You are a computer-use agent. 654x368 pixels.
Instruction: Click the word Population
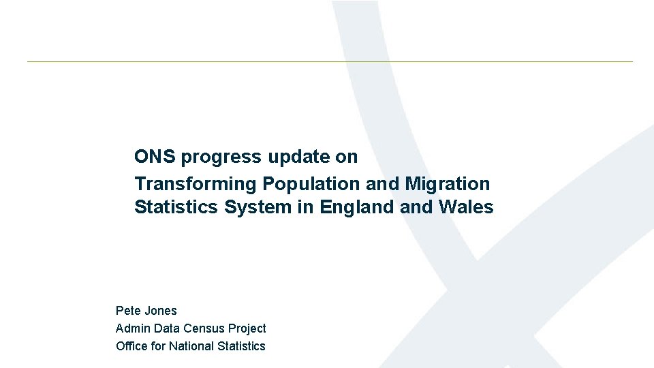[312, 184]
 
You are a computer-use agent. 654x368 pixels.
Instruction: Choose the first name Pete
[128, 311]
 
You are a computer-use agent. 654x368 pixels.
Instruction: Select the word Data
[166, 328]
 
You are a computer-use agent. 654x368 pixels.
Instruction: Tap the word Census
[204, 328]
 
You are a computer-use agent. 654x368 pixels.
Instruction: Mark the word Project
[247, 328]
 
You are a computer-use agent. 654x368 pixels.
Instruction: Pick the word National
[191, 346]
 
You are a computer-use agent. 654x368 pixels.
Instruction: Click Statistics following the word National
[241, 346]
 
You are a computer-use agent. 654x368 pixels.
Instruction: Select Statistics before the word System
[177, 207]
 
